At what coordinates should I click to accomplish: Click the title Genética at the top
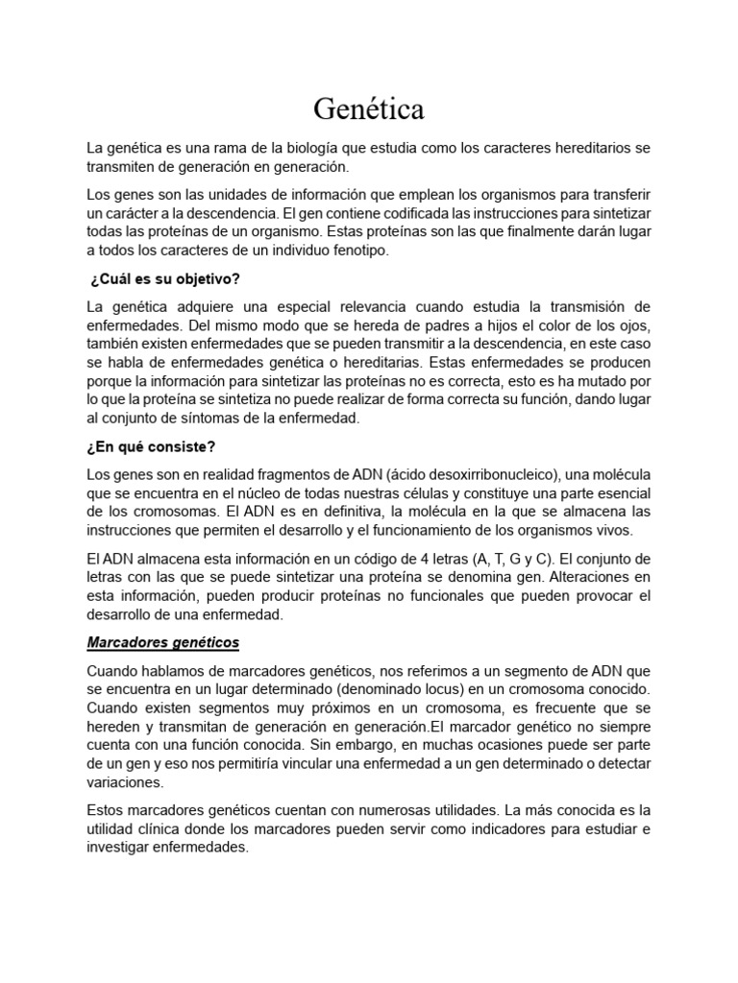[368, 110]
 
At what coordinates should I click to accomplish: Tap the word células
[446, 493]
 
